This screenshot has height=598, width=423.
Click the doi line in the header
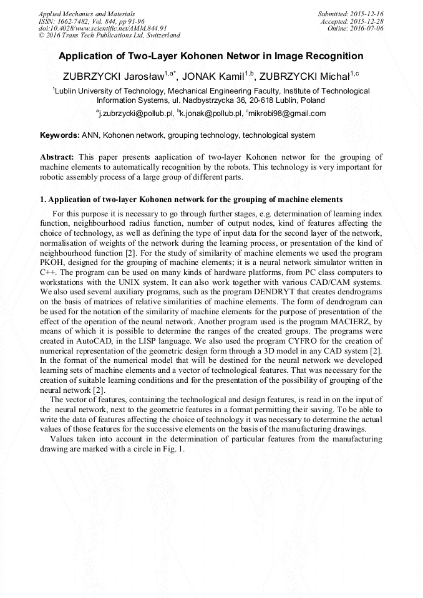102,28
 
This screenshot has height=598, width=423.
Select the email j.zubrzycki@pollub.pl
134,113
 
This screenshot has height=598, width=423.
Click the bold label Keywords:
60,135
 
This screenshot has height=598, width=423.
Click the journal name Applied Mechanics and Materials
87,13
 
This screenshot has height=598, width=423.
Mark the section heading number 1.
42,200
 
